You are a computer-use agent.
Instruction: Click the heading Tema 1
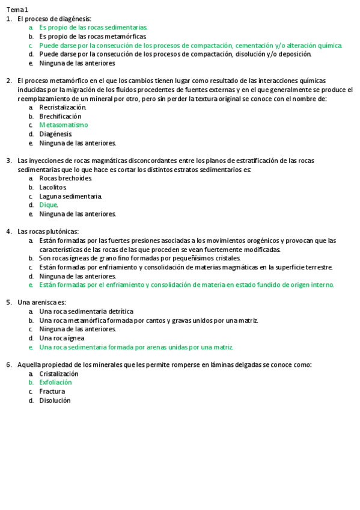coord(17,10)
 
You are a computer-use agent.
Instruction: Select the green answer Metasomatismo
coord(63,125)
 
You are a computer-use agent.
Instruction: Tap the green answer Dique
coord(49,205)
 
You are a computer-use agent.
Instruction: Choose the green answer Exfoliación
coord(55,382)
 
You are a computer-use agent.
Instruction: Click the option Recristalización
coord(63,107)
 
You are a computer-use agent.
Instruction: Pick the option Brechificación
coord(60,116)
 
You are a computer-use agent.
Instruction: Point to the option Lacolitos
coord(53,187)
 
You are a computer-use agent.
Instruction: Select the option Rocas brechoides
coord(66,179)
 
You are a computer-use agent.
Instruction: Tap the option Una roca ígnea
coord(62,338)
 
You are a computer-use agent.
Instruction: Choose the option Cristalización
coord(59,373)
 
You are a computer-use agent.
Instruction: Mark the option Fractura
coord(52,392)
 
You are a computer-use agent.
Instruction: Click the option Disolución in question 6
coord(55,401)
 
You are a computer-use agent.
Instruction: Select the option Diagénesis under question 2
coord(55,134)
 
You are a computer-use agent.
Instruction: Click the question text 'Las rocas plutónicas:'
coord(48,232)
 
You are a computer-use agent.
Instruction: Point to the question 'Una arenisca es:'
coord(41,303)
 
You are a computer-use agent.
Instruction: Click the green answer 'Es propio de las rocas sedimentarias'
coord(93,28)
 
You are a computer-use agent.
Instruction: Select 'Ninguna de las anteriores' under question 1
coord(77,63)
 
